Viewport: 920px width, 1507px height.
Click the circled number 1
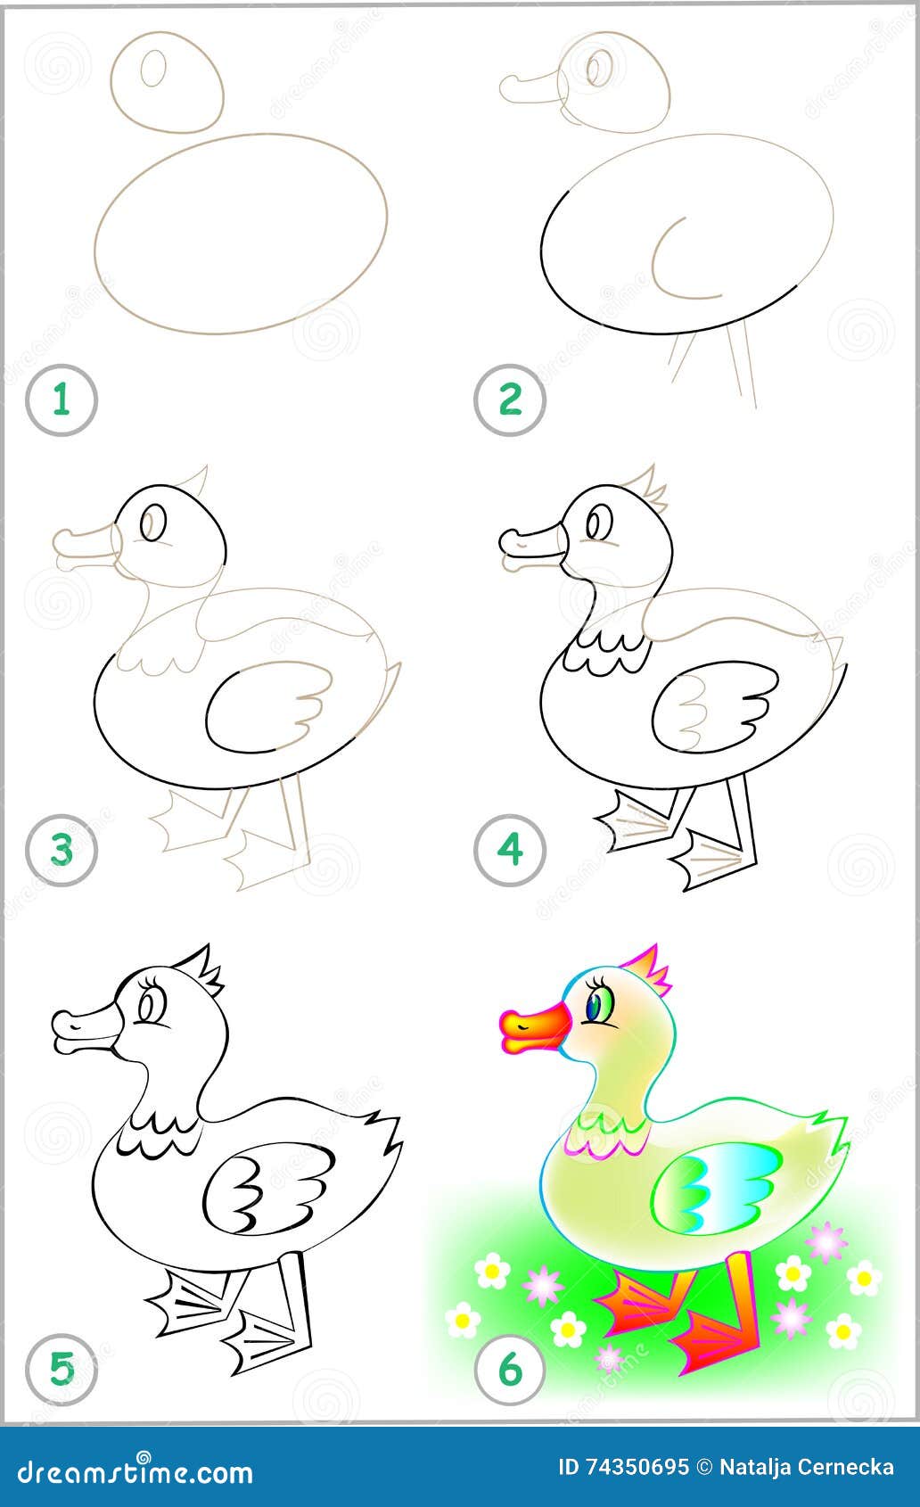61,399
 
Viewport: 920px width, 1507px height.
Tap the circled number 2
509,399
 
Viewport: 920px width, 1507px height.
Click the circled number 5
61,1369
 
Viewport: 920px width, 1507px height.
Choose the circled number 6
509,1369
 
